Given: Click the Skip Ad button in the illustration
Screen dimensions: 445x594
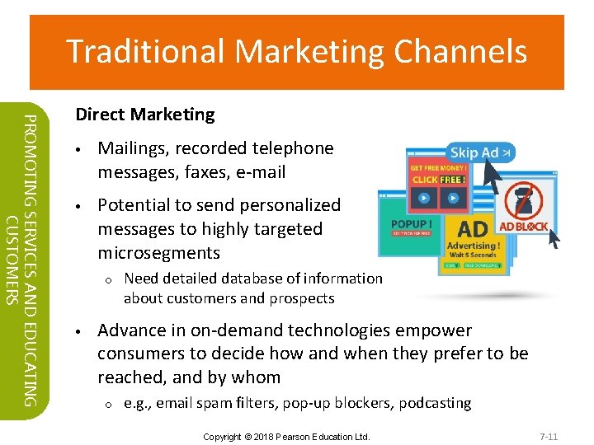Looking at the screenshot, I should (480, 152).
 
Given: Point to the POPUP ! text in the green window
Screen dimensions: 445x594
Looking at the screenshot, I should (411, 224).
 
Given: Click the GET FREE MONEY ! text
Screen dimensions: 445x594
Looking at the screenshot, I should (439, 167).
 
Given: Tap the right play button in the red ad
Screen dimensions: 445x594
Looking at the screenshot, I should (453, 198).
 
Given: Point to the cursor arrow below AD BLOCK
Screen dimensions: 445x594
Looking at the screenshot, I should (552, 238).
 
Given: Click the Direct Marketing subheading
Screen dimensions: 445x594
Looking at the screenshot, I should (144, 115).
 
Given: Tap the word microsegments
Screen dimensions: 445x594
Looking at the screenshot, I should (158, 252).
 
